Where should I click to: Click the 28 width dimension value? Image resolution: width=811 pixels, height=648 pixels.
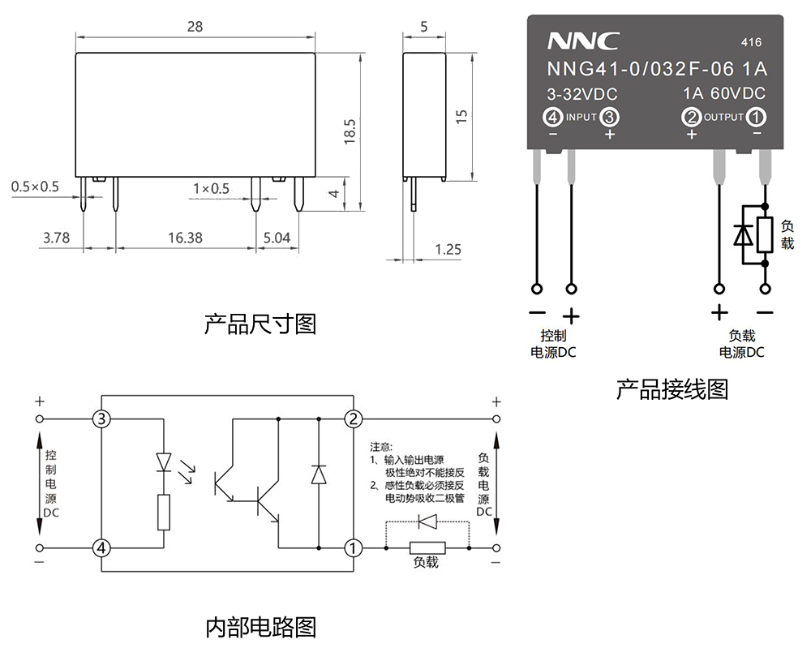195,26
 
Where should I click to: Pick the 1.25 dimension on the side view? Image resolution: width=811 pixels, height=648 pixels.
448,249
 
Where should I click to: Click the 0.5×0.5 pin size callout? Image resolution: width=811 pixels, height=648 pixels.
35,187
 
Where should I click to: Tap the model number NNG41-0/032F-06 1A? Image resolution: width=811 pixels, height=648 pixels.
656,70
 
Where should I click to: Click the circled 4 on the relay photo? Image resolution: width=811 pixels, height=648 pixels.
554,117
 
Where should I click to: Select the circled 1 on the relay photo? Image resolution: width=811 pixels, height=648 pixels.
756,117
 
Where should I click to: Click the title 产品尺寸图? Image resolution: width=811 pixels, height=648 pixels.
260,324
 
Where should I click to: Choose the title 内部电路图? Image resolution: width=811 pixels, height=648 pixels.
260,626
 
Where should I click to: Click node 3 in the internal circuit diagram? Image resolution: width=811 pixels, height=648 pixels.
101,418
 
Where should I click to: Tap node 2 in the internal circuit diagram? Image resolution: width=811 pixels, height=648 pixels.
353,418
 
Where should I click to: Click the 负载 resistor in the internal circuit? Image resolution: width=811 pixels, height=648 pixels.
427,547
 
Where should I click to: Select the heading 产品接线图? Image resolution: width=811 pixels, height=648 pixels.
672,389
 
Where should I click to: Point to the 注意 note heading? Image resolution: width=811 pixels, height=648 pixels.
380,447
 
